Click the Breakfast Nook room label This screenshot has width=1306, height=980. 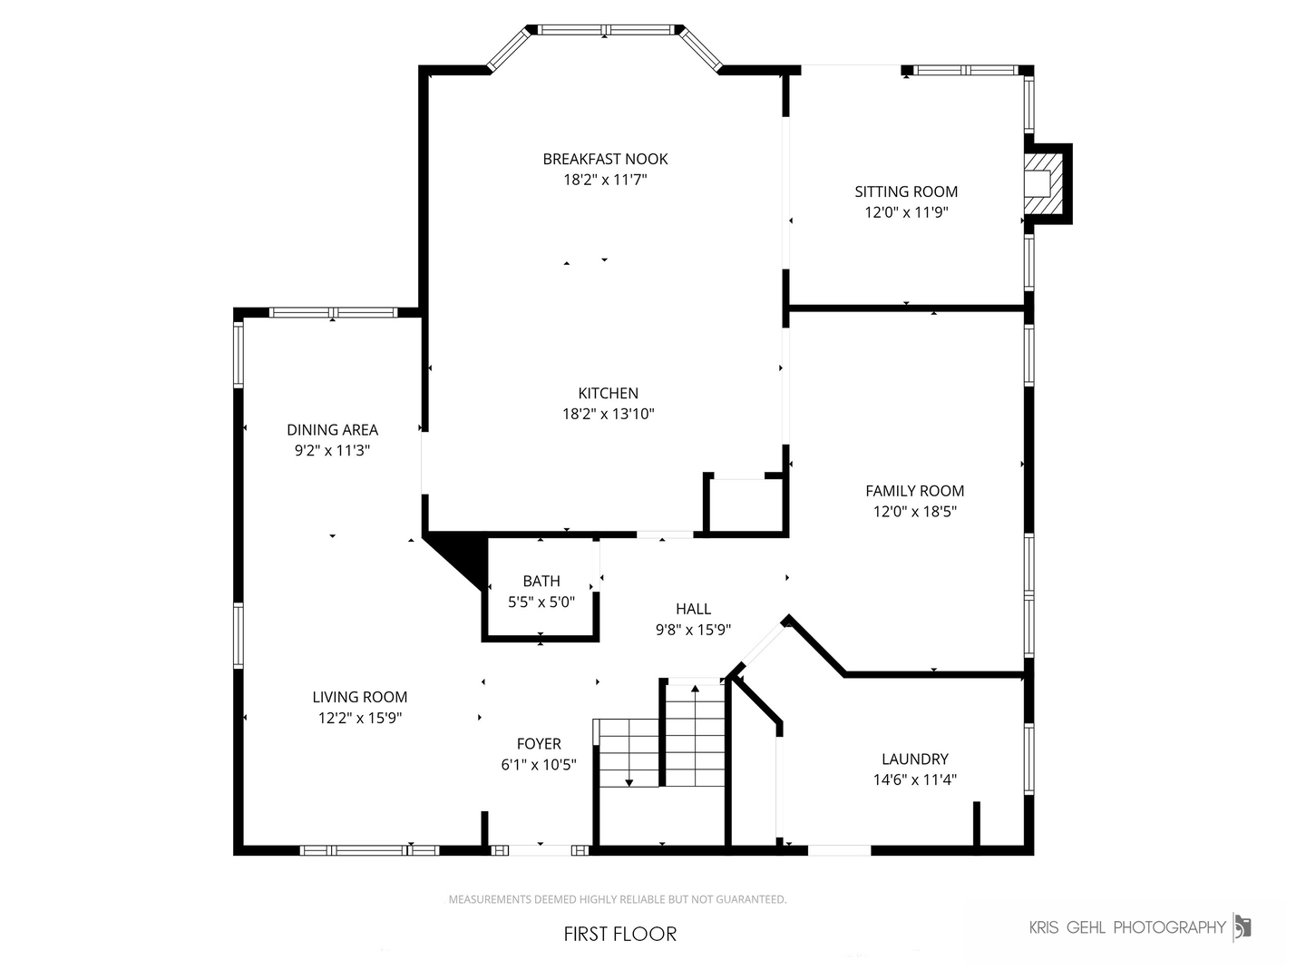pyautogui.click(x=605, y=159)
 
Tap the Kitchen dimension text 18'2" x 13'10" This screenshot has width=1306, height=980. pyautogui.click(x=608, y=415)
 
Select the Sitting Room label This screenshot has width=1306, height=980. pyautogui.click(x=906, y=191)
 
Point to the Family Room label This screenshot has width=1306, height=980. pyautogui.click(x=914, y=491)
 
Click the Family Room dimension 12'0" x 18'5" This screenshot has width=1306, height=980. pyautogui.click(x=914, y=512)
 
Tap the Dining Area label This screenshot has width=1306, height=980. pyautogui.click(x=332, y=430)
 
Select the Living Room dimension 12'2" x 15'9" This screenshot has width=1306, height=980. pyautogui.click(x=359, y=718)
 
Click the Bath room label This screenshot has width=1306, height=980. pyautogui.click(x=541, y=581)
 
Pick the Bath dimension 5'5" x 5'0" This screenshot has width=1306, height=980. pyautogui.click(x=541, y=602)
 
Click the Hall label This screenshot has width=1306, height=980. pyautogui.click(x=693, y=609)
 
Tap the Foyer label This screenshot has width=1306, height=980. pyautogui.click(x=539, y=743)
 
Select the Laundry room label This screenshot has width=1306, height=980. pyautogui.click(x=914, y=759)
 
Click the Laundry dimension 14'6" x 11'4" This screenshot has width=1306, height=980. pyautogui.click(x=914, y=779)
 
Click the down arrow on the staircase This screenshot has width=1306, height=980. pyautogui.click(x=629, y=780)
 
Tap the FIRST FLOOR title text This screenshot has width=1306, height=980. pyautogui.click(x=620, y=934)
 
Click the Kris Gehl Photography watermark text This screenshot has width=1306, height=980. pyautogui.click(x=1127, y=927)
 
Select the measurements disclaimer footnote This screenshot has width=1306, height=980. pyautogui.click(x=618, y=899)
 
